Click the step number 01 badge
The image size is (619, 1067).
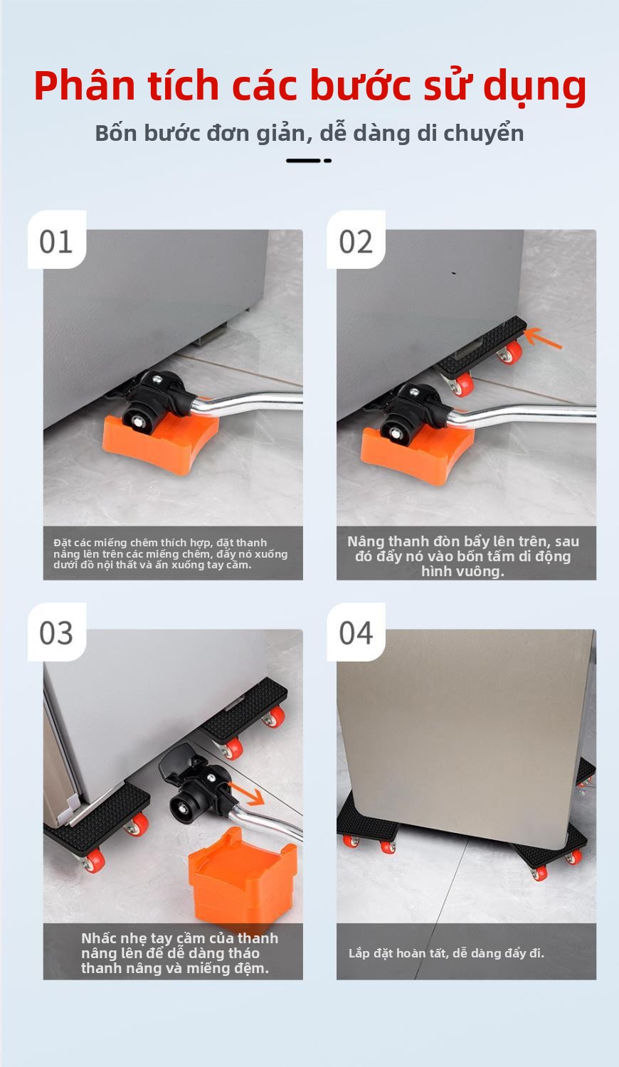tap(57, 240)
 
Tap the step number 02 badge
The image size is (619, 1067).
tap(356, 240)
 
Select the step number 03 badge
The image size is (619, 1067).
tap(57, 632)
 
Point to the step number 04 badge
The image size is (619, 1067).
tap(356, 632)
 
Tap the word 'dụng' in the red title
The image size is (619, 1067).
tap(534, 88)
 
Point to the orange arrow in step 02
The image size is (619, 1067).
tap(543, 338)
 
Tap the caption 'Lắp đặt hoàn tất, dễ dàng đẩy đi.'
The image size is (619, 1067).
tap(446, 953)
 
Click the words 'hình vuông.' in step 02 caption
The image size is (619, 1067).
tap(462, 571)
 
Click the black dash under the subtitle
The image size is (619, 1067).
tap(309, 161)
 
